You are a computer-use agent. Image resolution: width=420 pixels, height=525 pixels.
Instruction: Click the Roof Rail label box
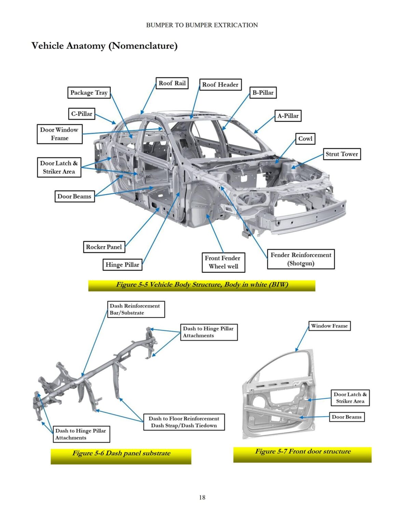(x=172, y=83)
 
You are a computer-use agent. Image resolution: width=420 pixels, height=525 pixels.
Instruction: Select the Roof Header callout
(x=220, y=84)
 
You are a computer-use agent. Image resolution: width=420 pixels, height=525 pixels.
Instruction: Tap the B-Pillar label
(x=263, y=93)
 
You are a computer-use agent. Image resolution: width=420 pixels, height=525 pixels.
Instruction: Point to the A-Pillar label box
(x=288, y=116)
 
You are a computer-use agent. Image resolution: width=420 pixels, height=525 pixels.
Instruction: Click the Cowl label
(x=305, y=139)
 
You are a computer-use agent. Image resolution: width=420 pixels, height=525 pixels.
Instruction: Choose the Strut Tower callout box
(x=341, y=154)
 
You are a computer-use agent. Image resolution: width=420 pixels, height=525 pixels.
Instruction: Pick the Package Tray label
(x=89, y=93)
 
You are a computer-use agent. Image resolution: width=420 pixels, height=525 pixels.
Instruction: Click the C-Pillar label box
(x=82, y=114)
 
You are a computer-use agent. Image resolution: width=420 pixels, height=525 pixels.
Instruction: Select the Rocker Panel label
(x=104, y=247)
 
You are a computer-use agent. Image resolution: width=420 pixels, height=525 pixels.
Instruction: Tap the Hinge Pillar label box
(x=122, y=265)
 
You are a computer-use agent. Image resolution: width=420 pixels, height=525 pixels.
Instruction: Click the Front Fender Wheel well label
(x=223, y=262)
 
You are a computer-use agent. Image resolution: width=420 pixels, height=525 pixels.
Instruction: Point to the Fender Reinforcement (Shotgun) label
(x=301, y=259)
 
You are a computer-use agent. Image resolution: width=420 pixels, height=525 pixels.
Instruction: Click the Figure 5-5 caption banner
(x=202, y=285)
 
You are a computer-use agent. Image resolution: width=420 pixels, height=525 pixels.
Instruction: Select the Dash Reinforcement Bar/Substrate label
(x=136, y=309)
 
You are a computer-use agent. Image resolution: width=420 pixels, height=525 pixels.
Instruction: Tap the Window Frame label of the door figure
(x=329, y=326)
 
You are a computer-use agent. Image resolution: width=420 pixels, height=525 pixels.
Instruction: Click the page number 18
(x=202, y=497)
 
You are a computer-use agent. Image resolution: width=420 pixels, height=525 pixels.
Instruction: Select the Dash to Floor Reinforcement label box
(x=184, y=422)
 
